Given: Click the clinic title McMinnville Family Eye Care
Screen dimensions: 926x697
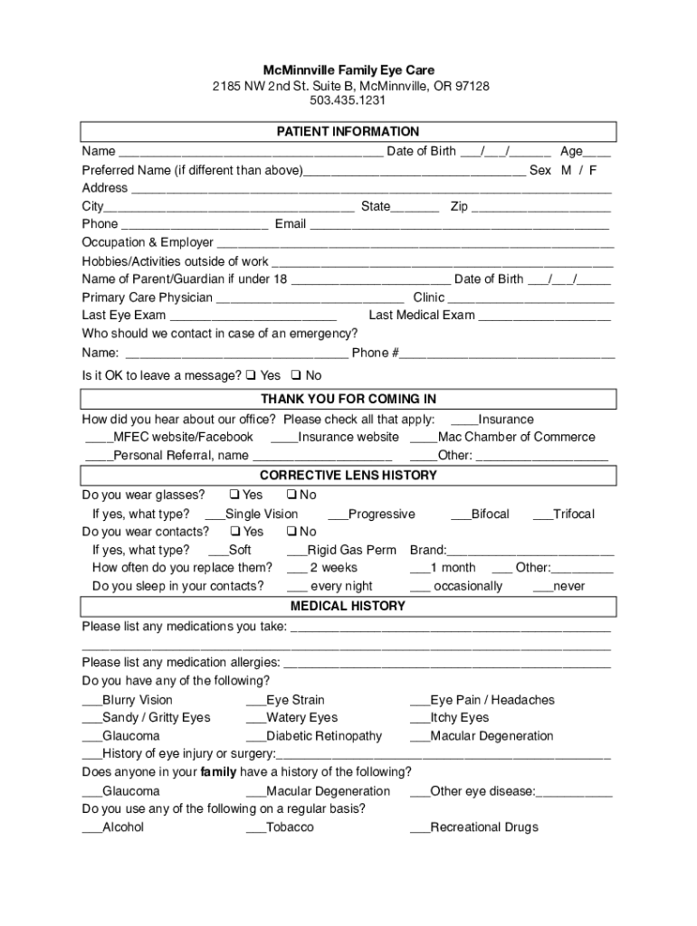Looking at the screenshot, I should pyautogui.click(x=348, y=70).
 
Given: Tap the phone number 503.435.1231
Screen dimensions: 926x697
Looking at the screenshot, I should pyautogui.click(x=348, y=101).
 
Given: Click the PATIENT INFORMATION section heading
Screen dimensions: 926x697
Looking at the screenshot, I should pyautogui.click(x=348, y=132).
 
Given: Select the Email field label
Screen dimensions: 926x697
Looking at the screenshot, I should pyautogui.click(x=291, y=224).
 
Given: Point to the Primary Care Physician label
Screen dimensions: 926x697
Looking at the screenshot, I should pyautogui.click(x=148, y=298).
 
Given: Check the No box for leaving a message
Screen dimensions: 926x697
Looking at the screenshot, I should pyautogui.click(x=294, y=375).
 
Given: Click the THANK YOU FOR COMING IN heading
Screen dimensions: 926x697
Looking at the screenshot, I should pyautogui.click(x=348, y=399).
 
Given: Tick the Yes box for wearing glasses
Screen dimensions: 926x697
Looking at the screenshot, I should pyautogui.click(x=234, y=495).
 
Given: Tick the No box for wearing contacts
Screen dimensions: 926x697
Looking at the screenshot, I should pyautogui.click(x=291, y=532).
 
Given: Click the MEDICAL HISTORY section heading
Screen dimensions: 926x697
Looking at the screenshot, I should pyautogui.click(x=348, y=606).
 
